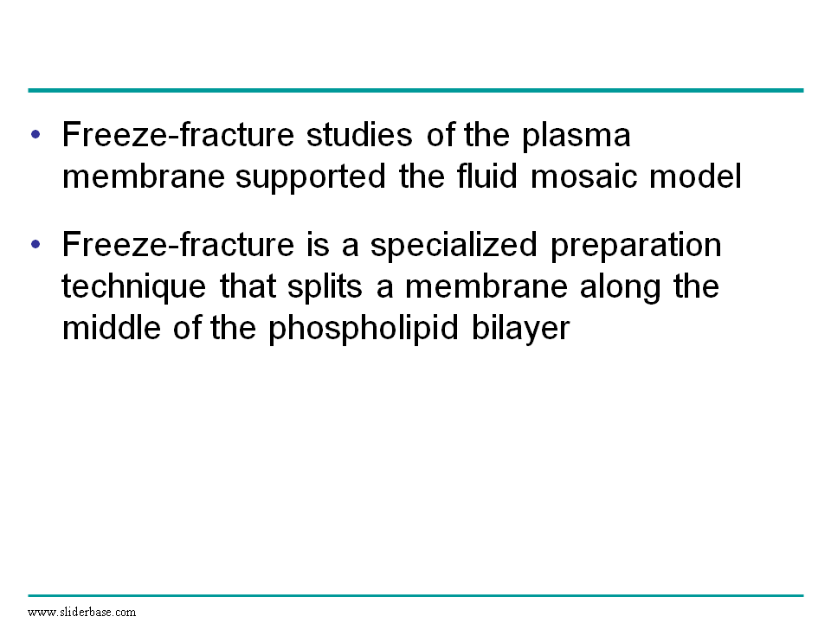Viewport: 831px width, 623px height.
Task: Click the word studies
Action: (x=359, y=135)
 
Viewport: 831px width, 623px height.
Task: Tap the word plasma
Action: (x=577, y=137)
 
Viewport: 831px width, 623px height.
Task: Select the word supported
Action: (x=311, y=178)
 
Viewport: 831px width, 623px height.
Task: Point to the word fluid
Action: (x=486, y=176)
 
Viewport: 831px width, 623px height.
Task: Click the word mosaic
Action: (x=583, y=177)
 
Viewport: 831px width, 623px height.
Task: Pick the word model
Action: (x=695, y=176)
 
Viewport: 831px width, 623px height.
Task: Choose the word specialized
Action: (x=454, y=247)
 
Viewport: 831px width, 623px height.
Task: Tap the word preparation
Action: (x=636, y=247)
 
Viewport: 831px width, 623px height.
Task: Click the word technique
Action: (x=133, y=287)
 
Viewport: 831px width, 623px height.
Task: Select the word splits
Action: (x=325, y=287)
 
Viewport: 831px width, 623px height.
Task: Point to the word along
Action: (x=620, y=287)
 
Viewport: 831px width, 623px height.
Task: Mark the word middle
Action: (x=112, y=327)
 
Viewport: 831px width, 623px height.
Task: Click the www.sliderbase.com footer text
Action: (x=81, y=613)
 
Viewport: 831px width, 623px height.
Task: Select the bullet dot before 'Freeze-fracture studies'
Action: (x=35, y=135)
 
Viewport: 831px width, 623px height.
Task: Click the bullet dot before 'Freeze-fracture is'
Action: (x=35, y=244)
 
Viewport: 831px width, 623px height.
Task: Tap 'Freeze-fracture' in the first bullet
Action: (x=178, y=135)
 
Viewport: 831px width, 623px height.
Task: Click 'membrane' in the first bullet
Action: (x=143, y=177)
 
